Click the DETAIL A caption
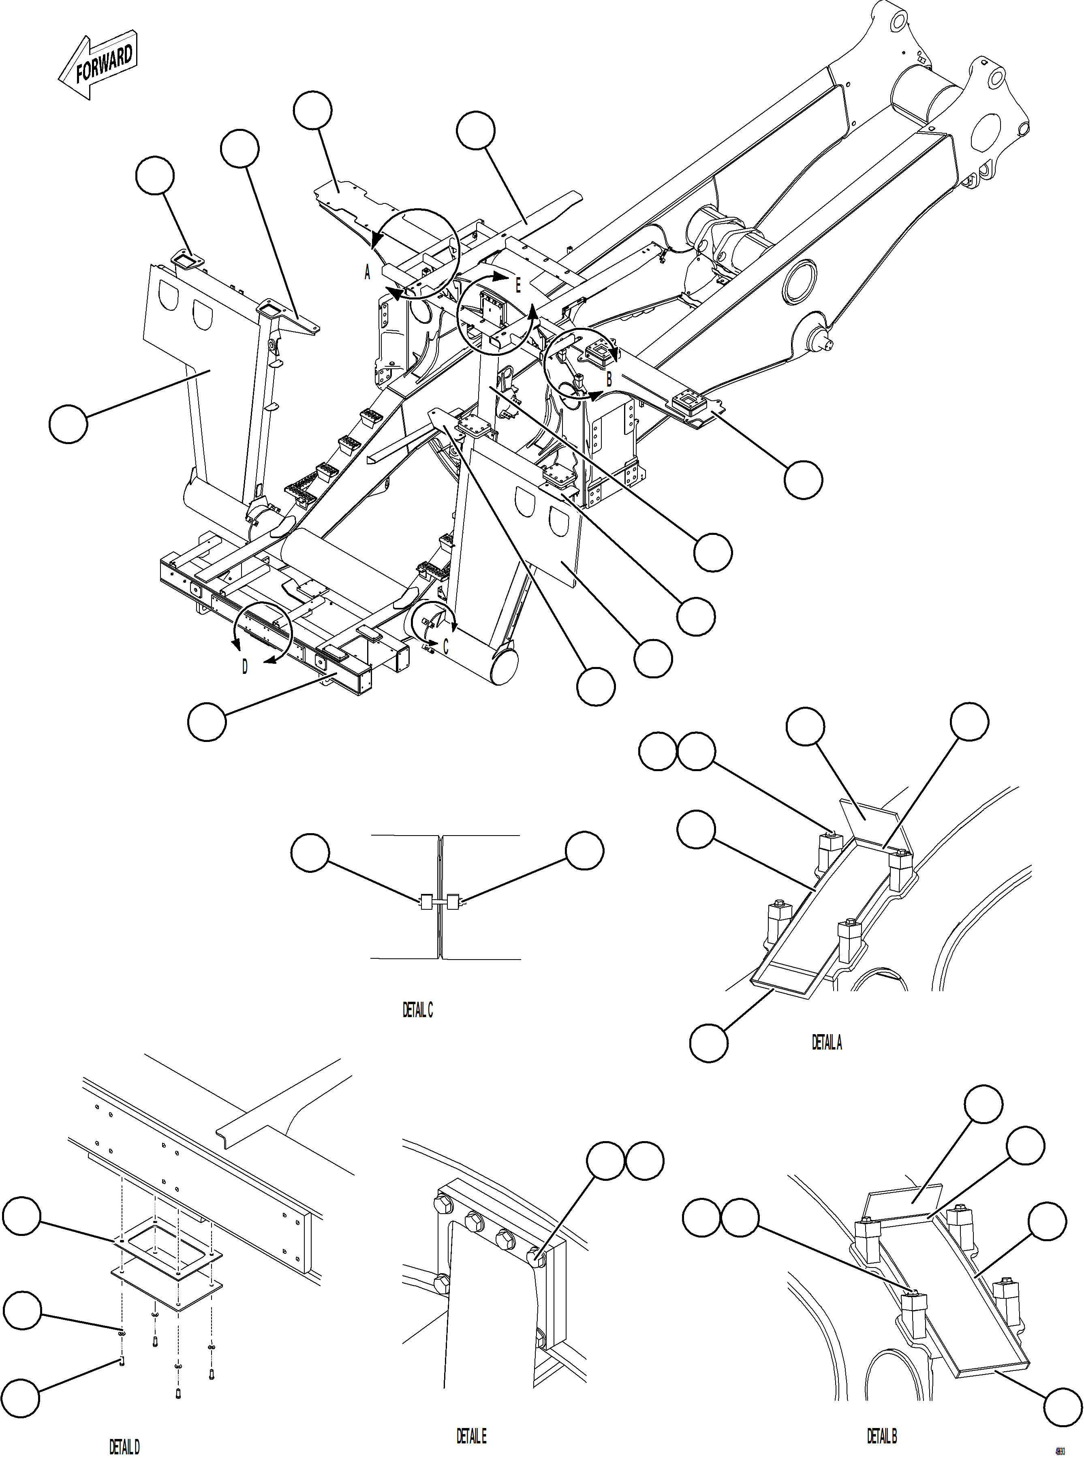(x=826, y=1042)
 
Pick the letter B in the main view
(x=609, y=378)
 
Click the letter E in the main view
(x=518, y=285)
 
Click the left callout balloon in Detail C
(x=310, y=852)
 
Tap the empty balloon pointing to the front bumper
(x=207, y=722)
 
